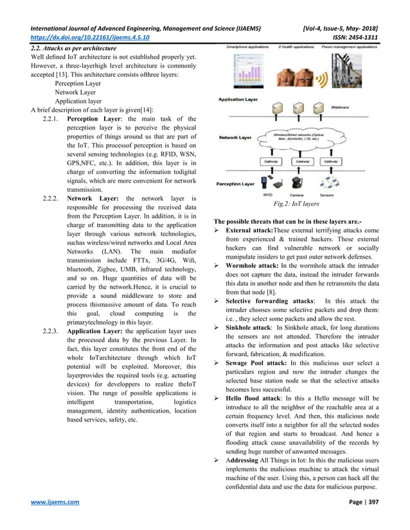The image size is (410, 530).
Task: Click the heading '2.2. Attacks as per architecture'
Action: coord(75,49)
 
